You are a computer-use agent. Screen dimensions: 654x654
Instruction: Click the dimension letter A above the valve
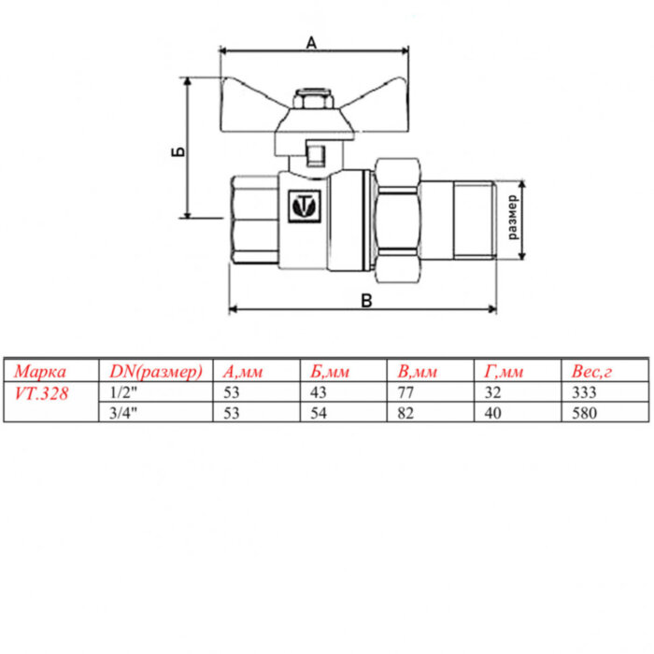click(x=311, y=41)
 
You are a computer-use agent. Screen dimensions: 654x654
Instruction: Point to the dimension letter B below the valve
click(x=366, y=300)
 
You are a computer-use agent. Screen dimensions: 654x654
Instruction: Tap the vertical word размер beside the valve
click(x=513, y=219)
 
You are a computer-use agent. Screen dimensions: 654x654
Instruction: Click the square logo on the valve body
click(x=304, y=205)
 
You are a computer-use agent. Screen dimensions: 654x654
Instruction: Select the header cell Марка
click(x=41, y=372)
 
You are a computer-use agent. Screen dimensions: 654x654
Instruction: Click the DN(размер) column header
click(x=150, y=372)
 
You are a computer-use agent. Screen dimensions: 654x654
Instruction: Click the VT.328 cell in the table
click(x=42, y=393)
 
